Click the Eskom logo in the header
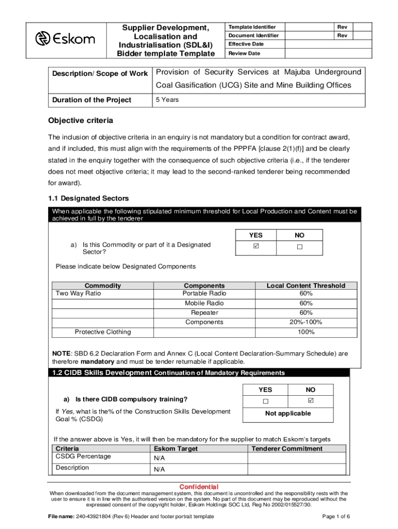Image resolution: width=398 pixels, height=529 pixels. [x=65, y=39]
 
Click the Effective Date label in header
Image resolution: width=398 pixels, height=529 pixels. [x=246, y=44]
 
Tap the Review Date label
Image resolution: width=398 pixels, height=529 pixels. [x=244, y=53]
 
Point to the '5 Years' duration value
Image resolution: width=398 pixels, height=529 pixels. [x=167, y=100]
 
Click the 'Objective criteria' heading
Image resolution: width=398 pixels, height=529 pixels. [x=81, y=121]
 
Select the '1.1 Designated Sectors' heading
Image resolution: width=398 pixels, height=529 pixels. [x=88, y=198]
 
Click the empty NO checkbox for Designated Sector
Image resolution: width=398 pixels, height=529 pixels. [x=299, y=247]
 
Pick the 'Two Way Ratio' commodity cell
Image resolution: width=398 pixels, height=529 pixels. [x=79, y=293]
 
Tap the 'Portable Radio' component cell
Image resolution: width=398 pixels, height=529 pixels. [x=205, y=293]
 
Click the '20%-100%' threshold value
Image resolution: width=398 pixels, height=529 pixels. [x=305, y=322]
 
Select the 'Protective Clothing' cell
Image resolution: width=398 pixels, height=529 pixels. [x=103, y=332]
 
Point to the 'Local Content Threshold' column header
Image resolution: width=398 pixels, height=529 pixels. [x=305, y=286]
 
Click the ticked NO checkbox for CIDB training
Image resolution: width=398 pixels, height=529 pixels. [x=310, y=401]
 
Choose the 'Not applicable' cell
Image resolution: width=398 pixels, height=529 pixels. [x=288, y=413]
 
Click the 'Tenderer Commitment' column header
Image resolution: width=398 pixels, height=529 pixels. [x=287, y=449]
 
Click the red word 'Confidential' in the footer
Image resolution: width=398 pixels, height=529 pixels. [x=198, y=487]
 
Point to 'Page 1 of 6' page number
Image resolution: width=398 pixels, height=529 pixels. [x=336, y=517]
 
